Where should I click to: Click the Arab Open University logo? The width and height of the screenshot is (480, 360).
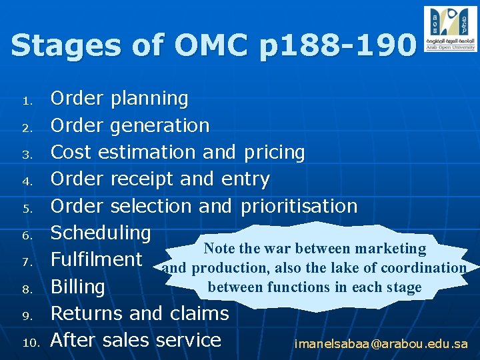(x=449, y=29)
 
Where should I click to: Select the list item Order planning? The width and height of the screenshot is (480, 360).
(x=119, y=99)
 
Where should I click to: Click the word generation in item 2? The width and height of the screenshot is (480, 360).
(x=159, y=125)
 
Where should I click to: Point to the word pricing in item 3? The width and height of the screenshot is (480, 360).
(x=274, y=153)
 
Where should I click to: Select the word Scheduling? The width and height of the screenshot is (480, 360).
(x=101, y=233)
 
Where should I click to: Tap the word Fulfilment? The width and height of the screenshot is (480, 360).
(x=97, y=259)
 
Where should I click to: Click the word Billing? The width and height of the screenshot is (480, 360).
(x=78, y=287)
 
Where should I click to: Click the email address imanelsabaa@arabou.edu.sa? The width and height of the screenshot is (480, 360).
(x=381, y=345)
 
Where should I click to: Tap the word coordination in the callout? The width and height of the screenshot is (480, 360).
(x=424, y=268)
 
